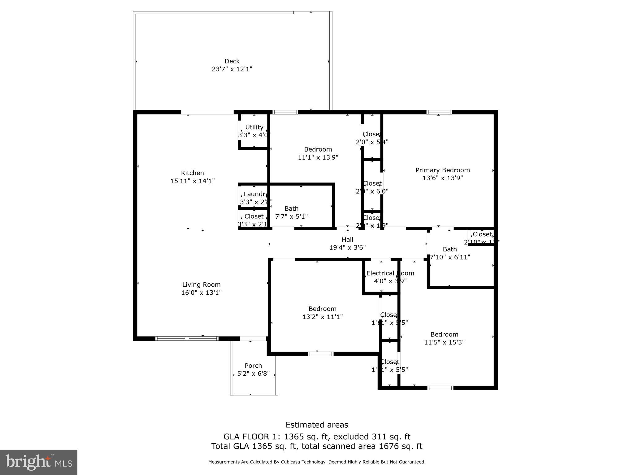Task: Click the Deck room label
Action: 232,61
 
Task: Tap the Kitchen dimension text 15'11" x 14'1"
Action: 192,181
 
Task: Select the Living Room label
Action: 201,285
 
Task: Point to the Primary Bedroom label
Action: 442,170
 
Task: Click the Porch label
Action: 253,366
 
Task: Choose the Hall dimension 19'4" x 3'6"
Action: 347,247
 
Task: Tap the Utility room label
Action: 254,127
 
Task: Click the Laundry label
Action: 255,194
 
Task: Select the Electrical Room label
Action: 390,273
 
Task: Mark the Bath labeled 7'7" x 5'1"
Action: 291,208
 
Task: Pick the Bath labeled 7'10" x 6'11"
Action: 449,249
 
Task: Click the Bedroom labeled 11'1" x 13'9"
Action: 318,149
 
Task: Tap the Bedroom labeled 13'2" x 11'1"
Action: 322,309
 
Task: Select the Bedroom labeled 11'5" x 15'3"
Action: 444,334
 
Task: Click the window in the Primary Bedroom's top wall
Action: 439,112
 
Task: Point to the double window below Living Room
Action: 187,339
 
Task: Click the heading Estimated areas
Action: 317,425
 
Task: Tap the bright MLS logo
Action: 38,462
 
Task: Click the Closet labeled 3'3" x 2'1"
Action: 254,216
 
